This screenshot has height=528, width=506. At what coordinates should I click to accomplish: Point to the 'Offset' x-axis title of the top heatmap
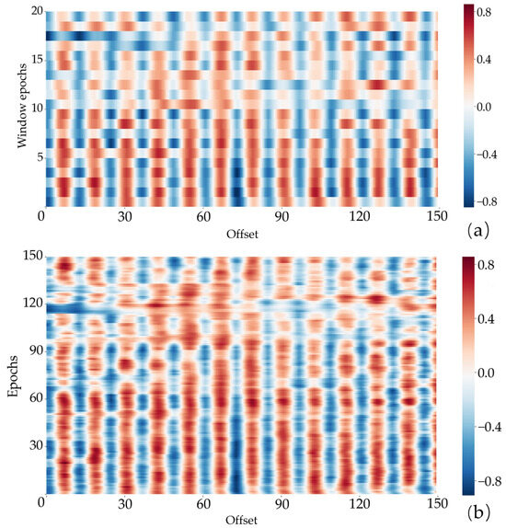tap(240, 235)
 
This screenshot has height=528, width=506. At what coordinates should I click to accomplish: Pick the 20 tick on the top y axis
tap(33, 9)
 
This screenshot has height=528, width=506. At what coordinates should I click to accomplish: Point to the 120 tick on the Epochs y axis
tap(30, 302)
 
